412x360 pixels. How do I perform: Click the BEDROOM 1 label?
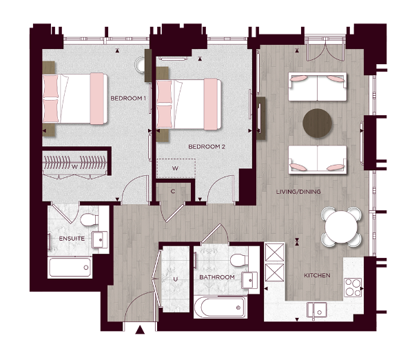129,99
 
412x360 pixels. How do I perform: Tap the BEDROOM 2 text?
207,147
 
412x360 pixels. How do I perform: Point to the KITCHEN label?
318,276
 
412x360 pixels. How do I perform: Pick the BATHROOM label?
217,277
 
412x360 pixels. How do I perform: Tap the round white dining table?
341,226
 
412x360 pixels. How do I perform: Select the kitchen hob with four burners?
352,286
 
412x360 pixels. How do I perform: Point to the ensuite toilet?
88,220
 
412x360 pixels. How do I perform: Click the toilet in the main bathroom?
238,260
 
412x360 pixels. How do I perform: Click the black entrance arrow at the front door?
141,330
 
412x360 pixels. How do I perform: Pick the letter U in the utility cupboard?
176,279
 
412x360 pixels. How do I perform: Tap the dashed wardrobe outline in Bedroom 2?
176,168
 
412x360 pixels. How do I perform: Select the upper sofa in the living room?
318,88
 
